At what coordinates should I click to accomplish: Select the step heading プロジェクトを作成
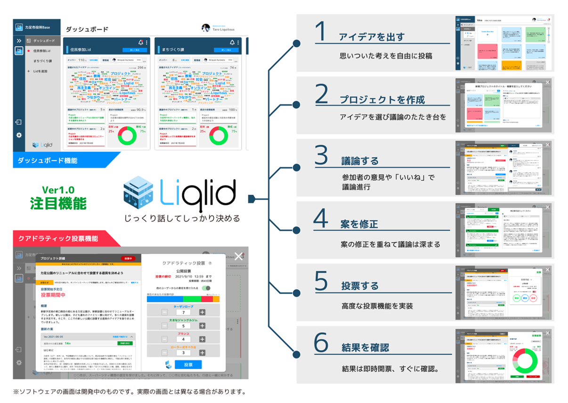point(382,100)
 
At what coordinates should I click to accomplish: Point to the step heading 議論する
point(360,161)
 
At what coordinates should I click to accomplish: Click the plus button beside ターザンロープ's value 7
point(202,312)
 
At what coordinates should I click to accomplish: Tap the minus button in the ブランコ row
point(164,339)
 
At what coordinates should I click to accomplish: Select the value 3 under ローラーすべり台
point(183,352)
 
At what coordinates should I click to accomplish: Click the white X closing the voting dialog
point(239,256)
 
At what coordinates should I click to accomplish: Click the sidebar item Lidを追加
point(43,71)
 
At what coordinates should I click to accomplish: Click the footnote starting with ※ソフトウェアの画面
point(130,391)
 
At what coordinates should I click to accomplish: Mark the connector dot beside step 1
point(296,43)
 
